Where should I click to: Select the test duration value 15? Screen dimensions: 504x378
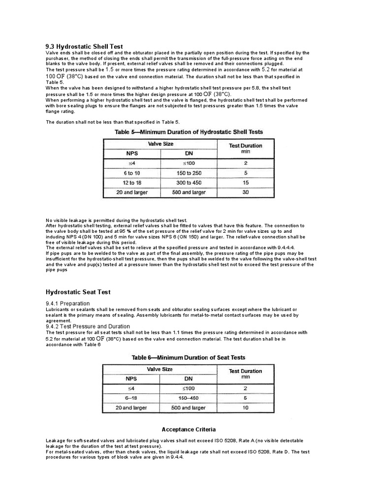pyautogui.click(x=245, y=183)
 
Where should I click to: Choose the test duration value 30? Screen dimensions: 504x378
pyautogui.click(x=245, y=192)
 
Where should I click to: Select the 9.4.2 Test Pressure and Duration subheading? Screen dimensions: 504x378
pyautogui.click(x=88, y=326)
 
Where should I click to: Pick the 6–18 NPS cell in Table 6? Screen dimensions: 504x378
pyautogui.click(x=132, y=398)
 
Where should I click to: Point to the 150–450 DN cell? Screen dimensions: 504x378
pyautogui.click(x=189, y=398)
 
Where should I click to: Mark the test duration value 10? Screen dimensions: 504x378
pyautogui.click(x=245, y=408)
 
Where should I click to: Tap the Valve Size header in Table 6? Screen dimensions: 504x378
pyautogui.click(x=160, y=369)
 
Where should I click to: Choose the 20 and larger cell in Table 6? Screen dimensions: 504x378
pyautogui.click(x=132, y=408)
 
